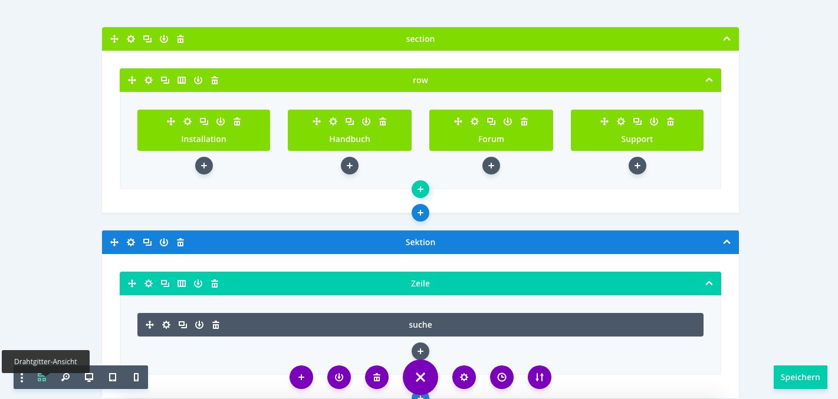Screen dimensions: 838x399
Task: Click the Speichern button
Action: (x=800, y=377)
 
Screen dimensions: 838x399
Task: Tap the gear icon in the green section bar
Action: (x=131, y=39)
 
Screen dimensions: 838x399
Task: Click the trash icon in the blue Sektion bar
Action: (x=180, y=242)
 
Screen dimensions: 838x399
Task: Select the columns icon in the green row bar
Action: (x=182, y=80)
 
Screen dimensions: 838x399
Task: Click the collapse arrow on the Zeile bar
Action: (x=709, y=283)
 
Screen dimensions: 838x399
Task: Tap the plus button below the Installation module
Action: (x=204, y=166)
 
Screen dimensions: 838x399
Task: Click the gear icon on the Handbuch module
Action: (x=333, y=121)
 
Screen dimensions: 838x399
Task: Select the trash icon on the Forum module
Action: (x=524, y=121)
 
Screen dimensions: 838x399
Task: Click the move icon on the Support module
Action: (x=604, y=121)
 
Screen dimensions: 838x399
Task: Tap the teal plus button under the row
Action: (x=420, y=189)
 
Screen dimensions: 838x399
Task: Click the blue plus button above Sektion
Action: (x=420, y=213)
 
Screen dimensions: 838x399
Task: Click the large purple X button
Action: (x=420, y=377)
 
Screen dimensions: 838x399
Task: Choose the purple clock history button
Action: (x=502, y=377)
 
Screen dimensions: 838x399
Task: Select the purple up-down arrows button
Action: (x=540, y=377)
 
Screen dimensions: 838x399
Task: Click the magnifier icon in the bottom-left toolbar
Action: (x=65, y=377)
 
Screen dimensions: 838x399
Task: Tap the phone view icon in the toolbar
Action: (x=136, y=377)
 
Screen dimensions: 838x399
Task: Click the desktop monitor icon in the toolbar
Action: (x=89, y=377)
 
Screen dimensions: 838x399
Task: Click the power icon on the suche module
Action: (x=199, y=325)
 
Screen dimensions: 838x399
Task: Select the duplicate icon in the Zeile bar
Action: (x=165, y=283)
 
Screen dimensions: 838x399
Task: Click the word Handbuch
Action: (x=350, y=139)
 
